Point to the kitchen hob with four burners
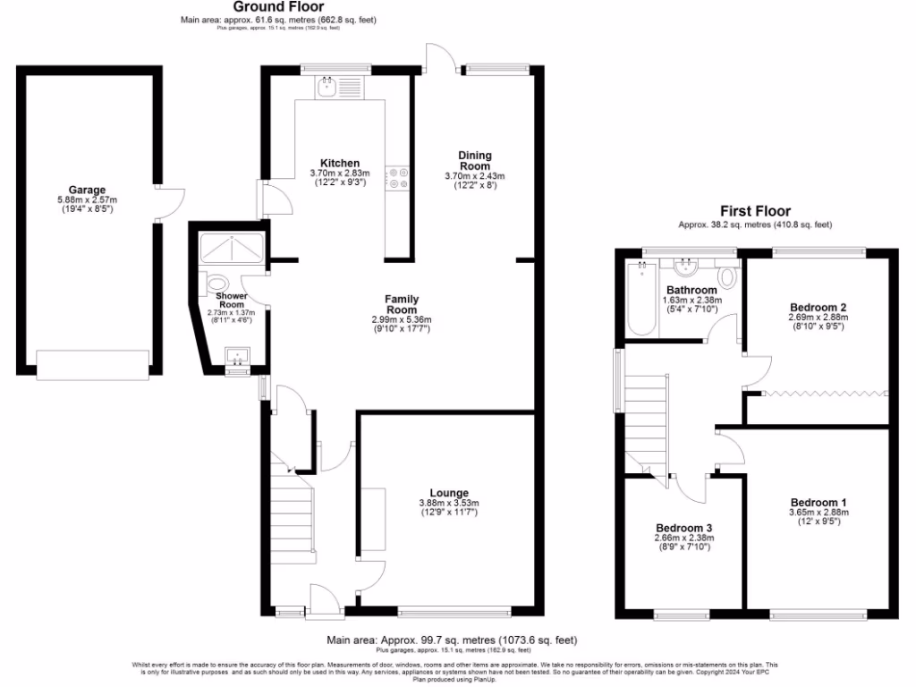click(397, 177)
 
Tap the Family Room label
click(402, 304)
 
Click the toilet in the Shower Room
click(215, 284)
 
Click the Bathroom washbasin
click(688, 267)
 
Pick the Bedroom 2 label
click(818, 307)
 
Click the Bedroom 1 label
click(818, 502)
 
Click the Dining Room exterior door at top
click(438, 58)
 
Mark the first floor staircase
click(646, 420)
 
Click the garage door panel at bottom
click(92, 363)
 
